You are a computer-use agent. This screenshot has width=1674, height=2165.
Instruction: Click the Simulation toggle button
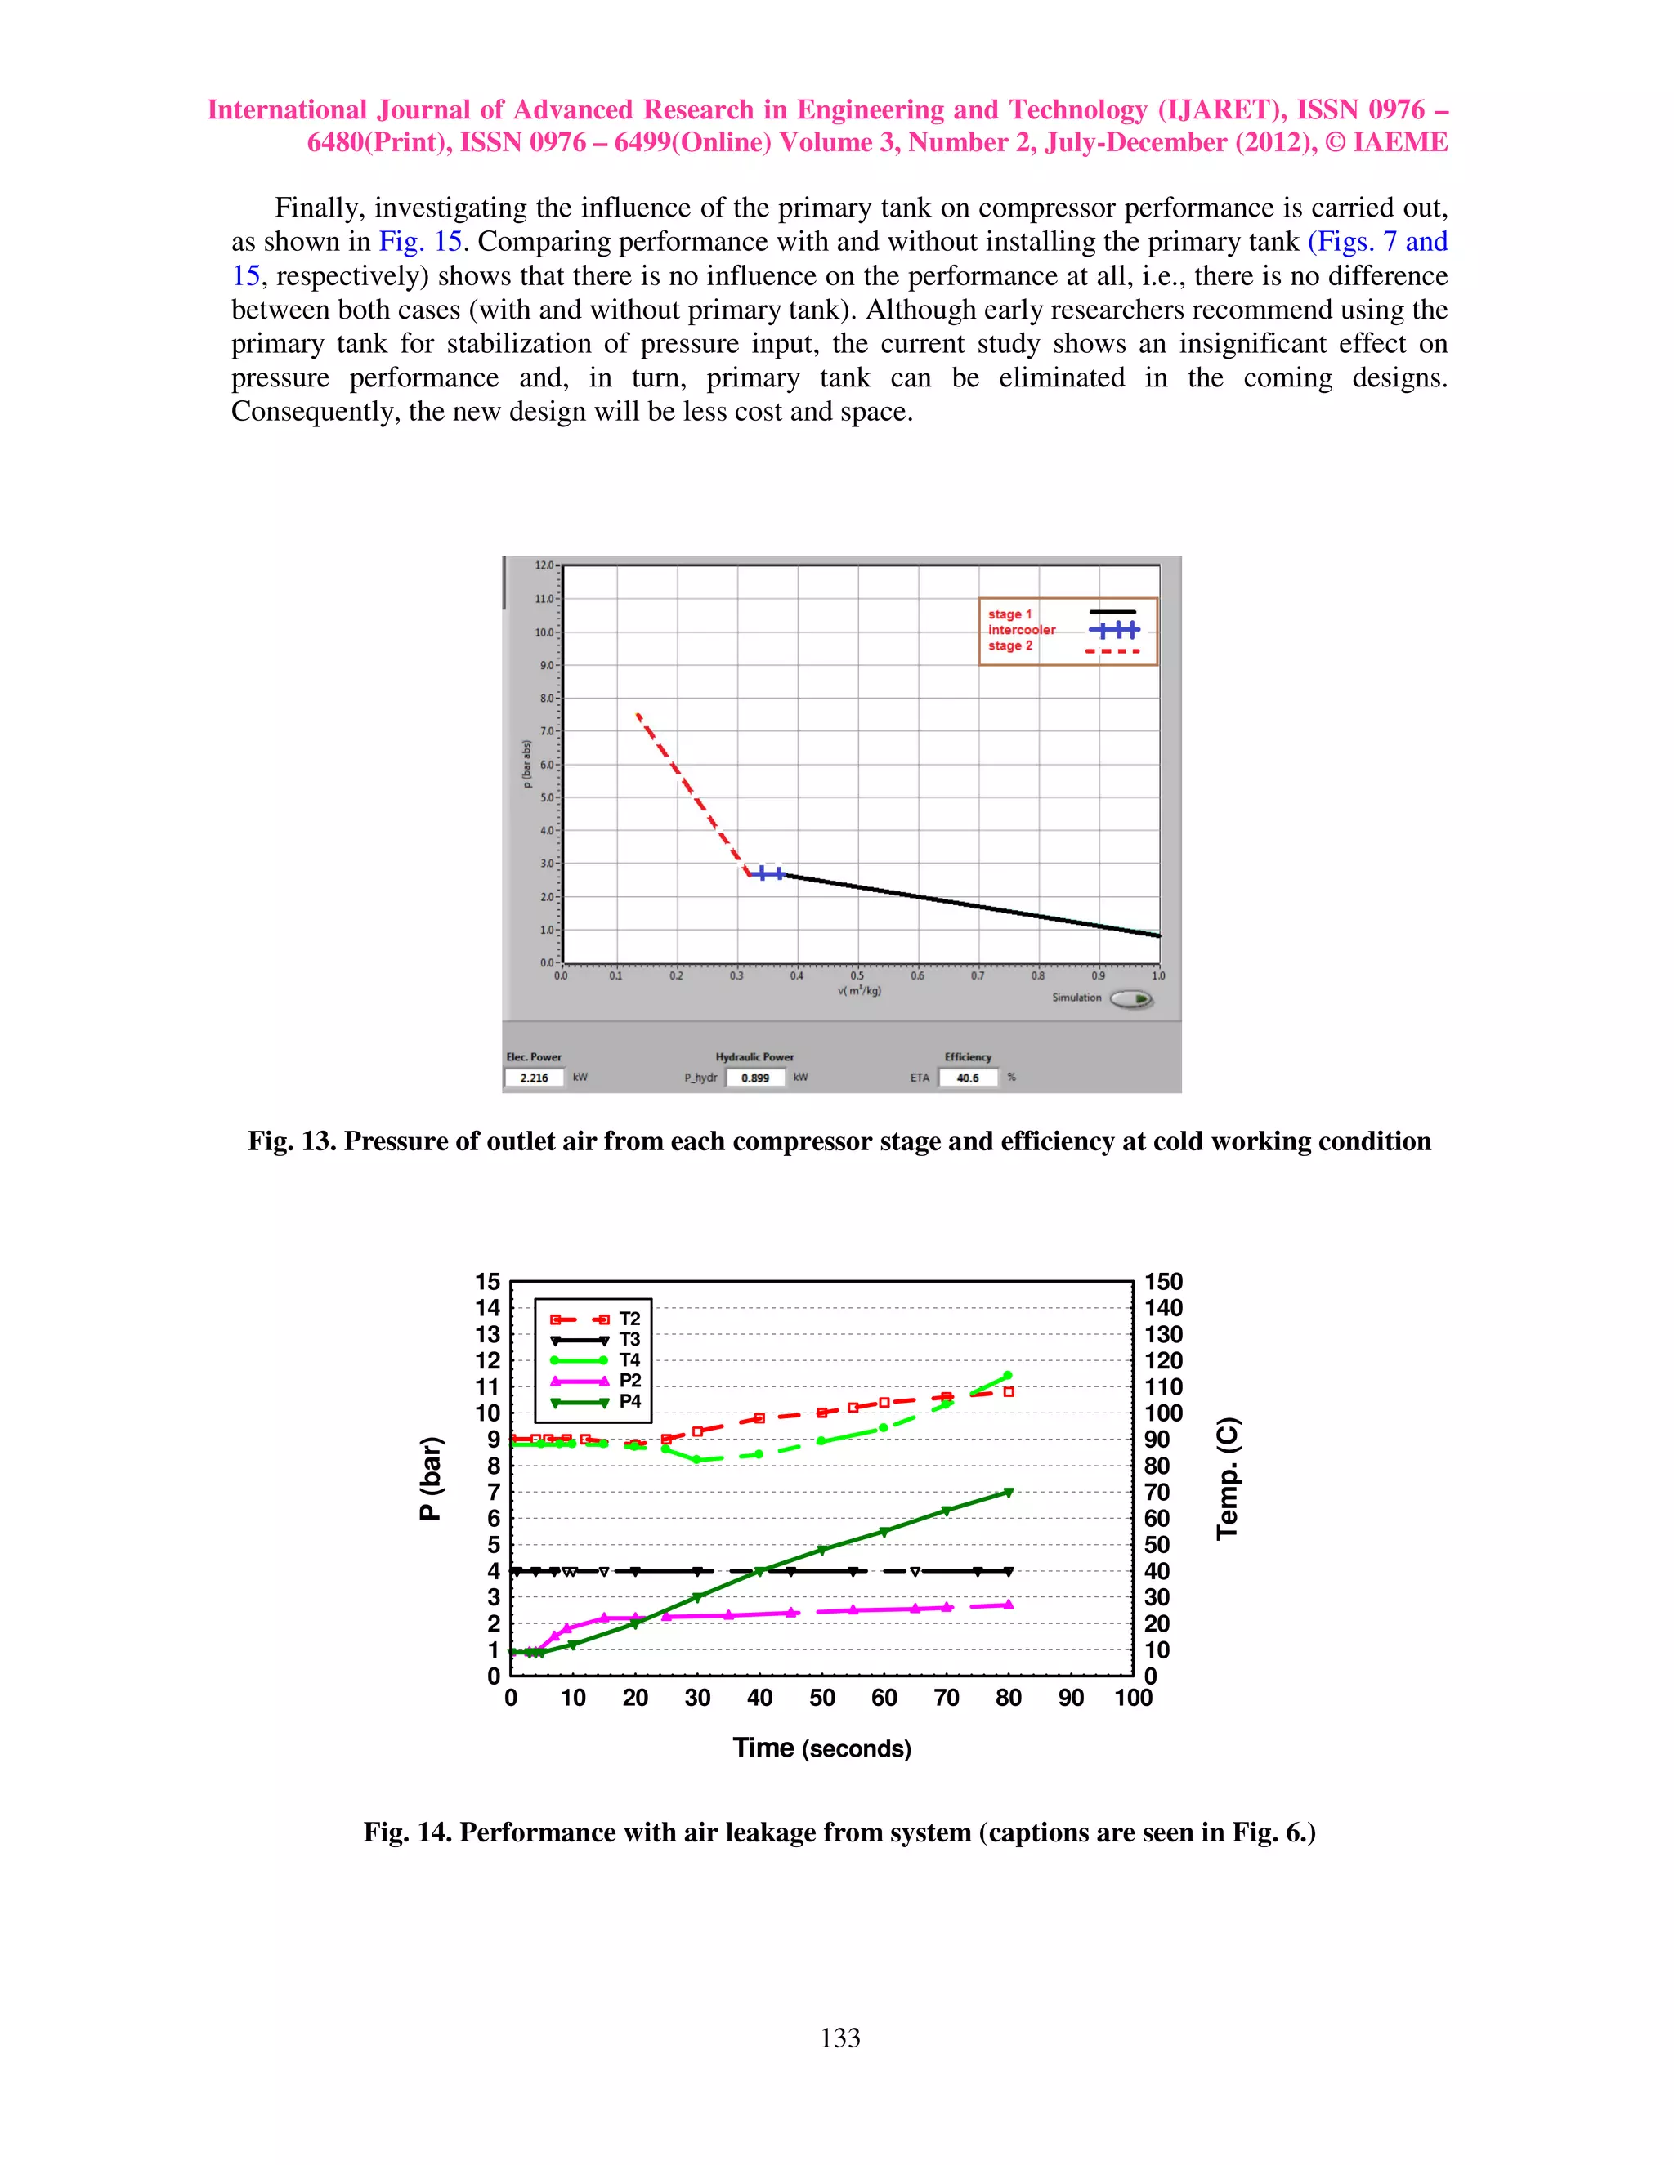[1130, 999]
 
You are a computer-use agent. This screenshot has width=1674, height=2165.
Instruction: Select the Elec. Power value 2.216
[535, 1078]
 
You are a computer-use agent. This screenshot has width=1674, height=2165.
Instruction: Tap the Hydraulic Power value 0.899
[756, 1078]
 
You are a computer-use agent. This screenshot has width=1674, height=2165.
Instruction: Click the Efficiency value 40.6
[968, 1078]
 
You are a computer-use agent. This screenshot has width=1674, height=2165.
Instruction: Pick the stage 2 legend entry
[1009, 645]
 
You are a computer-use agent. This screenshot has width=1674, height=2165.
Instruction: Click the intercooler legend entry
[1022, 629]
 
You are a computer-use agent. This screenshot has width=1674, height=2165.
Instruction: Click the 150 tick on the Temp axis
[1163, 1282]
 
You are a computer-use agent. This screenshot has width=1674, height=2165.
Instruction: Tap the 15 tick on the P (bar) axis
[487, 1282]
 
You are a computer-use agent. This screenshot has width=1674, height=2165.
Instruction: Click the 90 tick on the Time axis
[1071, 1699]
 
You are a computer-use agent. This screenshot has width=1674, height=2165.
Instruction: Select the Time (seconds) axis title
[821, 1748]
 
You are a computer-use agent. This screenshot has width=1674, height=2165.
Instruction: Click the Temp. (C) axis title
[1228, 1478]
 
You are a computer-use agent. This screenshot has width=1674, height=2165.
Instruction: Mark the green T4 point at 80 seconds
[1008, 1375]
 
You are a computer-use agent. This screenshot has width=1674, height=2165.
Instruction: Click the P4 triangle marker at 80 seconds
[1009, 1492]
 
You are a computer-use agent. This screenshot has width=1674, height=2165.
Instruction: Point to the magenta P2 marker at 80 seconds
[1009, 1604]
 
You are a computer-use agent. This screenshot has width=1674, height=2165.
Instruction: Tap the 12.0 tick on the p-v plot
[544, 565]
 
